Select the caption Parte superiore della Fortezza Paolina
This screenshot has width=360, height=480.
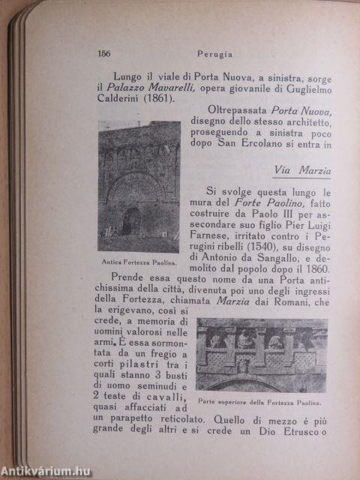tap(262, 400)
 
